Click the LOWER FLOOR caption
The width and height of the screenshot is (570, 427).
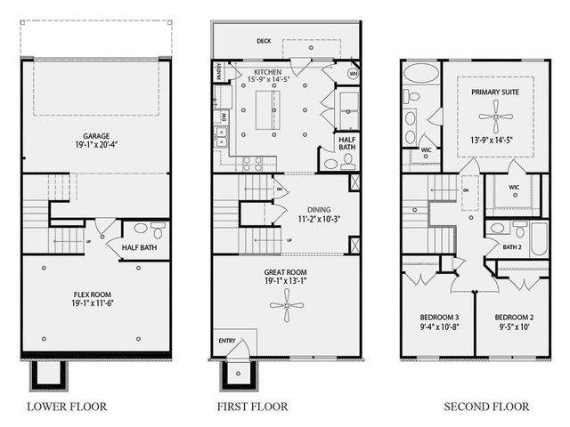point(67,407)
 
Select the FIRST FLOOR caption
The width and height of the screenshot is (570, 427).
point(252,407)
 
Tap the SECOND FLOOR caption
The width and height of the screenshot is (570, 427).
point(486,407)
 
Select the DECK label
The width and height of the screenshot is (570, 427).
point(264,40)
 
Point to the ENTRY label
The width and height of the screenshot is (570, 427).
point(227,341)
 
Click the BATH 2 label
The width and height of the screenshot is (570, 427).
point(511,246)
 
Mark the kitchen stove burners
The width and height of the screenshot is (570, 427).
point(252,162)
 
